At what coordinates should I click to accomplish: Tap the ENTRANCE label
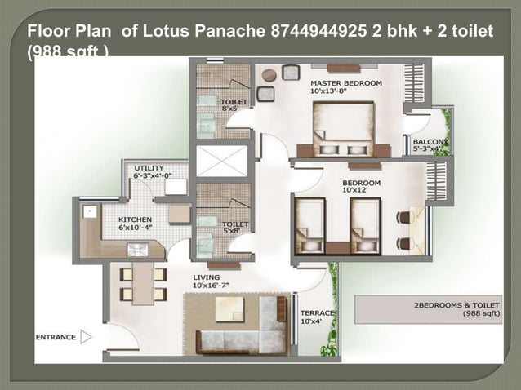pos(56,337)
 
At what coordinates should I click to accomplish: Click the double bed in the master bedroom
pos(343,126)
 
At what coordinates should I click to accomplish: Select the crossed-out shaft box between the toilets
pos(221,161)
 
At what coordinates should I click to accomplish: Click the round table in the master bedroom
pos(269,75)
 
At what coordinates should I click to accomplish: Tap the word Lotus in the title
pos(165,33)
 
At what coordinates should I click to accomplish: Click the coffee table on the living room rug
pos(229,308)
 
